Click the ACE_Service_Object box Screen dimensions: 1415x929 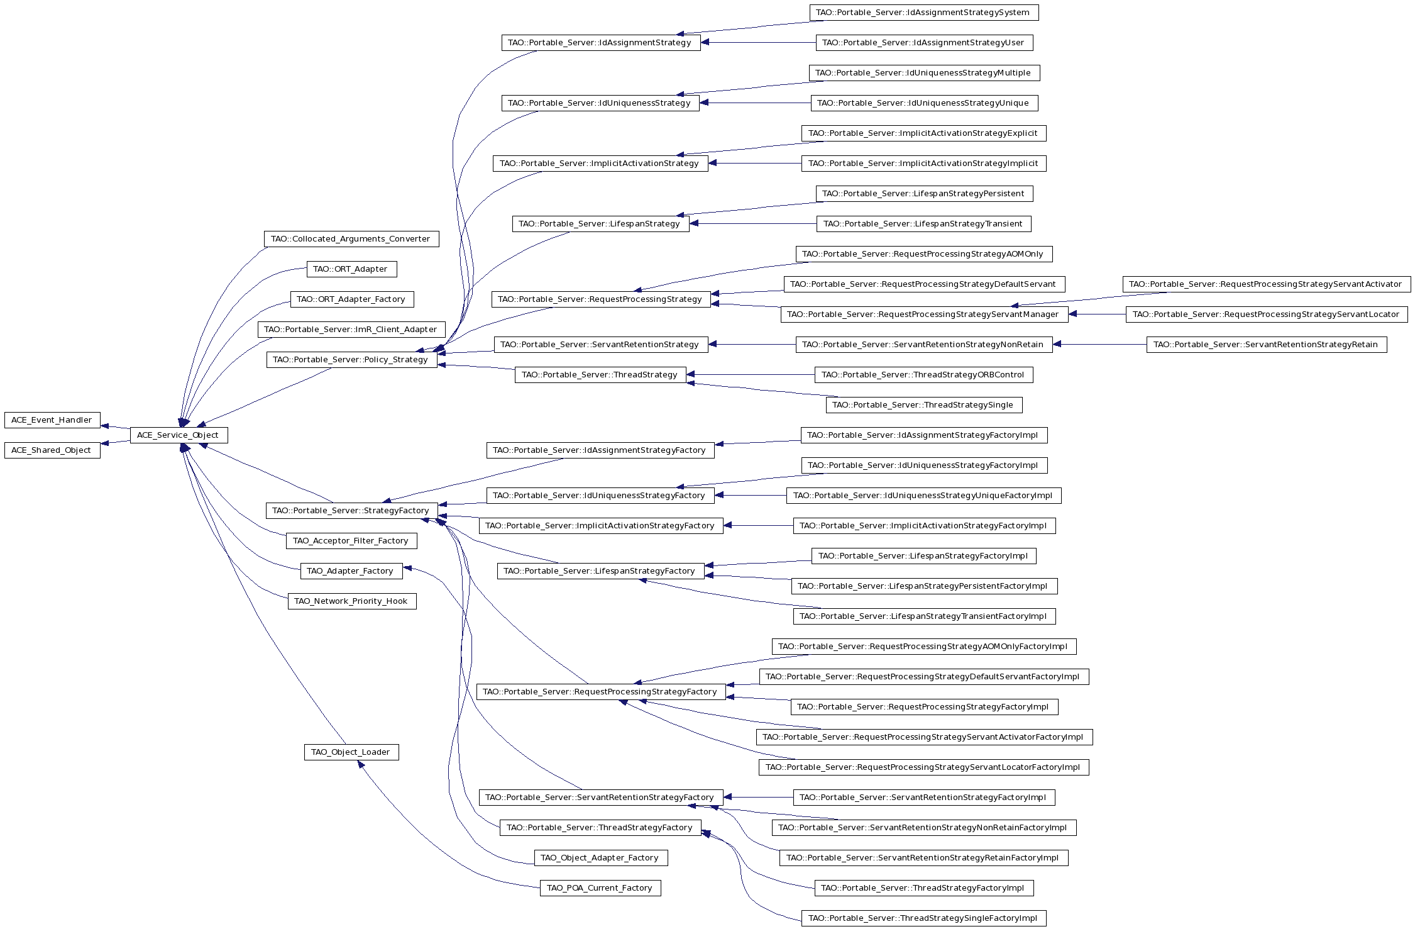pos(179,435)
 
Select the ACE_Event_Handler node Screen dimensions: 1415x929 pos(52,420)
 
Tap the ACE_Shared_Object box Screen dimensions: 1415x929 pos(52,450)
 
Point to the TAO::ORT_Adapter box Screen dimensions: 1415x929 pos(351,269)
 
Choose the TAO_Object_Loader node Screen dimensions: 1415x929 pos(351,752)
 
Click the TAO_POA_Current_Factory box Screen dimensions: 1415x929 pos(600,888)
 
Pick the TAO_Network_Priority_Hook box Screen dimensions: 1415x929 pos(351,601)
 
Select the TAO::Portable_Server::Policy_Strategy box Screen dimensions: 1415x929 pos(351,360)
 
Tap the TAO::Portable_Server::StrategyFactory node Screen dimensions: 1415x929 pos(351,511)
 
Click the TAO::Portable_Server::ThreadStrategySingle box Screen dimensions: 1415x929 pos(924,405)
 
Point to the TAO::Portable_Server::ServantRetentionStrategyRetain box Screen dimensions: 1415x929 pos(1267,345)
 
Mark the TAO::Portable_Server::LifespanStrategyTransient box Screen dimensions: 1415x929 pos(924,224)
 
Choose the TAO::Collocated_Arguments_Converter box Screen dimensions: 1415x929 pos(351,239)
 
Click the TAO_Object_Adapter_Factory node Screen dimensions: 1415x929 pos(600,858)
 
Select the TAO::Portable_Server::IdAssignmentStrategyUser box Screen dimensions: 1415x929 pos(924,43)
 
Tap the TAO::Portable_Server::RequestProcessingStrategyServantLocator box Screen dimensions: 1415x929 pos(1267,314)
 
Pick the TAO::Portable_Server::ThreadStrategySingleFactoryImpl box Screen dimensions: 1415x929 pos(924,918)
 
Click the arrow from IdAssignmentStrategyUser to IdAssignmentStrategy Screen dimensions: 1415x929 pos(758,43)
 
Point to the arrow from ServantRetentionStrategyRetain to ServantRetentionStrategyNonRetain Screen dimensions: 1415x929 pos(1099,345)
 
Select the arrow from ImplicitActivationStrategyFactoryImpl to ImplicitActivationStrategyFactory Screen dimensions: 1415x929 pos(758,526)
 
